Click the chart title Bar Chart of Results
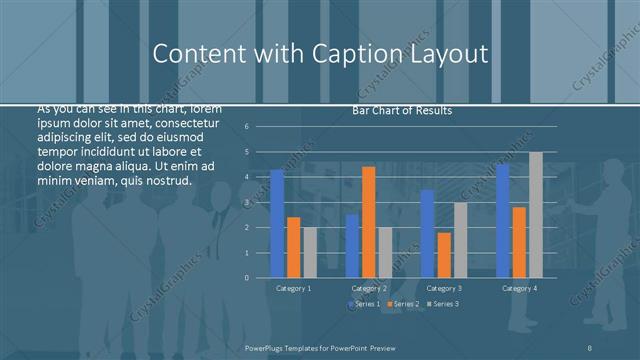[402, 110]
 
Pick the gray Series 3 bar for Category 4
[535, 215]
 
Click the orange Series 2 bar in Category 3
[443, 255]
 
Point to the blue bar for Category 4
[502, 221]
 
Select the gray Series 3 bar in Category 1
[310, 252]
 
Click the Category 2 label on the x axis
[368, 288]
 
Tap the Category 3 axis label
[443, 288]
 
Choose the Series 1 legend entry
[364, 303]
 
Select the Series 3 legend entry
[443, 303]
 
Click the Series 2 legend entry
[403, 303]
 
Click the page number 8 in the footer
[591, 346]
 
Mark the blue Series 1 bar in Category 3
[427, 234]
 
